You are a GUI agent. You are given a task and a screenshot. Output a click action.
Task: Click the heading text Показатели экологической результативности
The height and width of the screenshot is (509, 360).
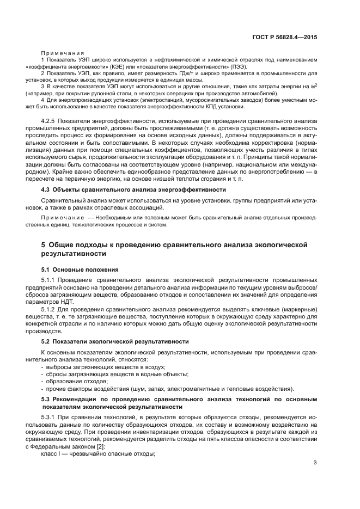121,341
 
